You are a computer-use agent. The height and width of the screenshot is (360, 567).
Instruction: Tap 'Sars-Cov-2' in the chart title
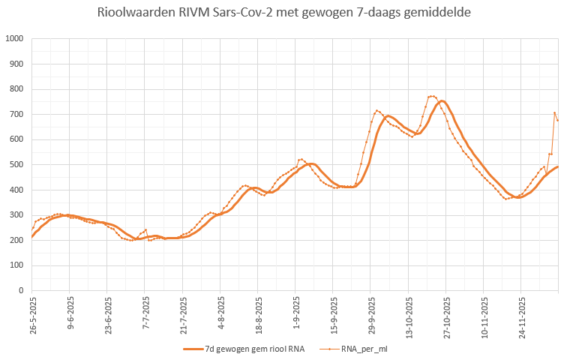(241, 13)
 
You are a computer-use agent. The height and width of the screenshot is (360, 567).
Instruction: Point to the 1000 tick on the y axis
(14, 39)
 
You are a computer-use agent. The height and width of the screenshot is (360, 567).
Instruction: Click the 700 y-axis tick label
(16, 115)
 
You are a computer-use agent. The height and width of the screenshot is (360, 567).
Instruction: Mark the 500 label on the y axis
(16, 165)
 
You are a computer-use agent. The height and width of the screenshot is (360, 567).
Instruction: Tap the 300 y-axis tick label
(16, 215)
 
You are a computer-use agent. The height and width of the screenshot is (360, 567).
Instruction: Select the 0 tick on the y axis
(21, 290)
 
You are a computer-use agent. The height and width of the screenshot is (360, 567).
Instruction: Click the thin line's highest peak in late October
(431, 96)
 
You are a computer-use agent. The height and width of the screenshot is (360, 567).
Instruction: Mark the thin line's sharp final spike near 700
(554, 112)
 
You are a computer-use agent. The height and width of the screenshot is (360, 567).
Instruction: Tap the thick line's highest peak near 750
(442, 100)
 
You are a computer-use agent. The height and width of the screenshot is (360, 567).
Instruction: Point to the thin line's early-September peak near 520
(301, 159)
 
